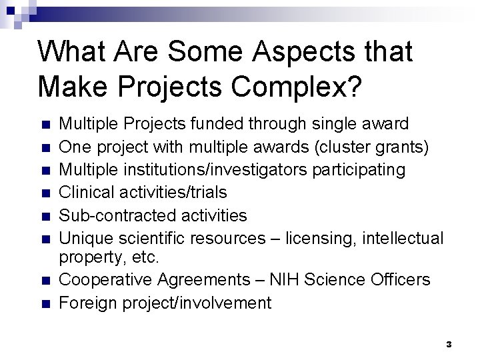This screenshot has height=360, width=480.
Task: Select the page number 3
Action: click(x=449, y=344)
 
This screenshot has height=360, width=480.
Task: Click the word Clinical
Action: click(x=85, y=193)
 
